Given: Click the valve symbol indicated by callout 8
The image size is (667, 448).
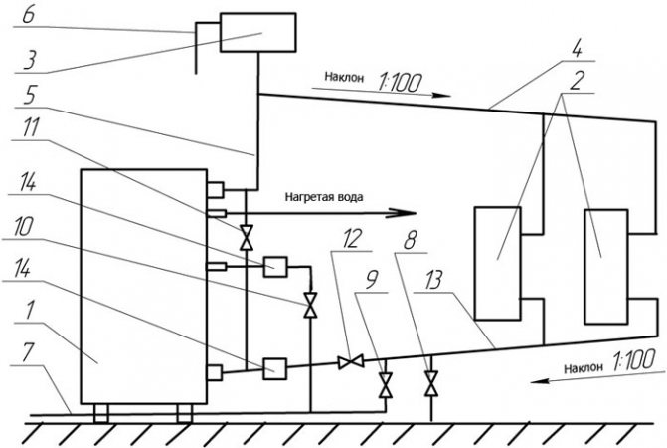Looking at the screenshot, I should point(430,381).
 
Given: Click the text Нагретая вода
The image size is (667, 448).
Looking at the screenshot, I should point(323,197).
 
